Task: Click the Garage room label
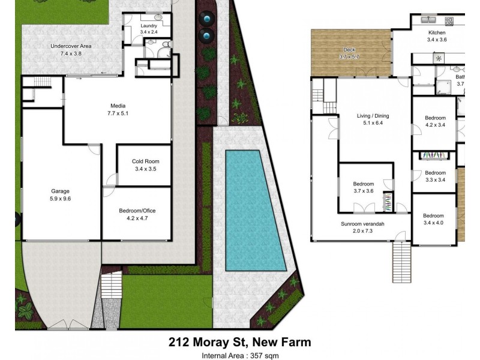[x=59, y=191]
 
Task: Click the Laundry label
[x=149, y=26]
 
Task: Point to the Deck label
[x=349, y=50]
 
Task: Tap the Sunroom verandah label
[x=362, y=224]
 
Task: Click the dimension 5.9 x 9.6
[x=59, y=199]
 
